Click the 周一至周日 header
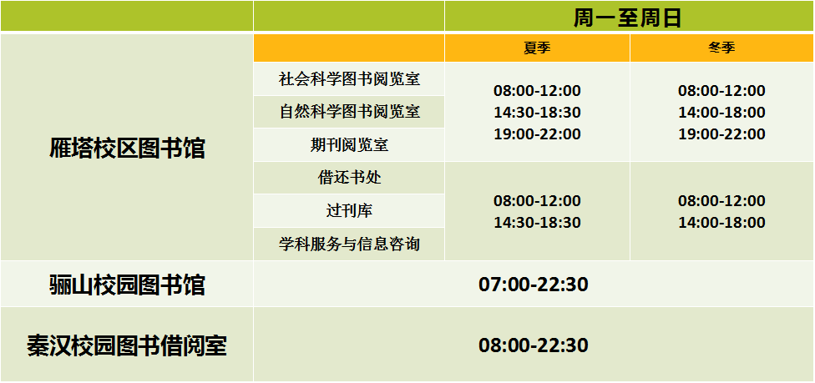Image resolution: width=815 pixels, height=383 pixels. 627,18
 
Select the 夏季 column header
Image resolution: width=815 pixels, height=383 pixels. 537,48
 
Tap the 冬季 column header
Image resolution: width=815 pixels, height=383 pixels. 721,48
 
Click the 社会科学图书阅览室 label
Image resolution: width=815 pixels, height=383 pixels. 349,79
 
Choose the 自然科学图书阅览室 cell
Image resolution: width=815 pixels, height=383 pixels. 349,112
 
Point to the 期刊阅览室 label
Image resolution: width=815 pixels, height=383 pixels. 349,145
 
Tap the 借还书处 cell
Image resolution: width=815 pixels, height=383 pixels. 349,178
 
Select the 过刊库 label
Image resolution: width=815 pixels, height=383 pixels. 349,211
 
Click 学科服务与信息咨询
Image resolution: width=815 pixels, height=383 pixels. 349,244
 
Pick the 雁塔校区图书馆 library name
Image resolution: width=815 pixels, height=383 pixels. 127,148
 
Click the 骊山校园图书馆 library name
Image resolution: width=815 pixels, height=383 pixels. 127,285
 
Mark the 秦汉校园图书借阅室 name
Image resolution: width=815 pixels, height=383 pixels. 127,345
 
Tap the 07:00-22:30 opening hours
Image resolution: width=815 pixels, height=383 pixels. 534,285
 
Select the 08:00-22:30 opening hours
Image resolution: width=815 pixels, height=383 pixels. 534,345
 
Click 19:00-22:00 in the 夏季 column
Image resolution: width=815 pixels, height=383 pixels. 537,134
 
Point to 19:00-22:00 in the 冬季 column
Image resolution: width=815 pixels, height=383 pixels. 721,134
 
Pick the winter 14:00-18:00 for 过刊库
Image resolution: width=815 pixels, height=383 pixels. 721,223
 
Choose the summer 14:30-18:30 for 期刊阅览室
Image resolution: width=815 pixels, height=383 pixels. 537,113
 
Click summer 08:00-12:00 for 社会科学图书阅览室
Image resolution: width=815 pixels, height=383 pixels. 537,91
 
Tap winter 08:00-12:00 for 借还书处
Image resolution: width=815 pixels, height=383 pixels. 721,200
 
